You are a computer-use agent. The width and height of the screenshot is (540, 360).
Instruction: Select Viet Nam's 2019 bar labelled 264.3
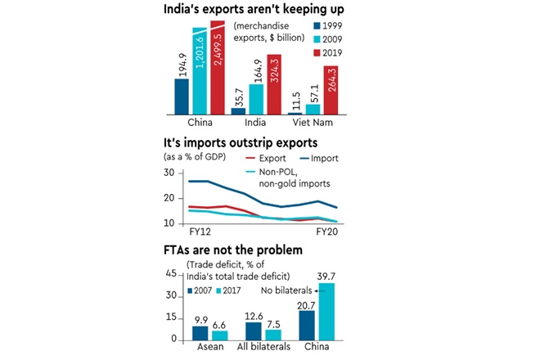[x=331, y=90]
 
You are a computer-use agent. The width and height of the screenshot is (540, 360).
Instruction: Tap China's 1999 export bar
[x=182, y=96]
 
